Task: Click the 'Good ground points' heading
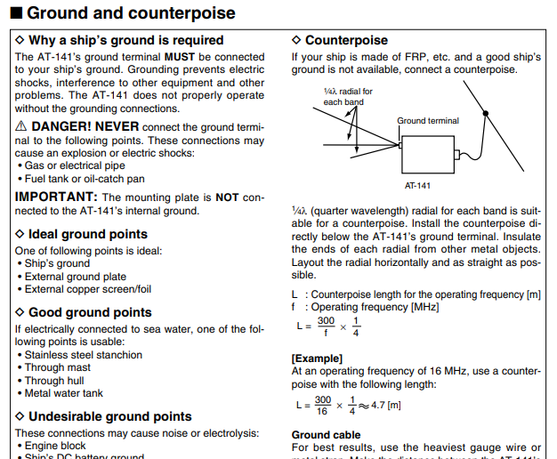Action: pos(90,312)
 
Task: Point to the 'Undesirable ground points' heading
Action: pos(109,416)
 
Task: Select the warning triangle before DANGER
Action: pos(21,127)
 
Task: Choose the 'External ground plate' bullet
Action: pos(75,277)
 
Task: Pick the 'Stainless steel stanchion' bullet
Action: pos(83,355)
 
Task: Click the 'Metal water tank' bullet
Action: pos(63,393)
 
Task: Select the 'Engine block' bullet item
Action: pos(55,446)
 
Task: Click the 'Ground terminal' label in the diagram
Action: pos(428,121)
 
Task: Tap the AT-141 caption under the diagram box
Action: pos(417,186)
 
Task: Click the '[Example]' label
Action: pos(318,358)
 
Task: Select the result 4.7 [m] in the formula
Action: pos(385,405)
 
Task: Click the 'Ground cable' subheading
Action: pos(326,435)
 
